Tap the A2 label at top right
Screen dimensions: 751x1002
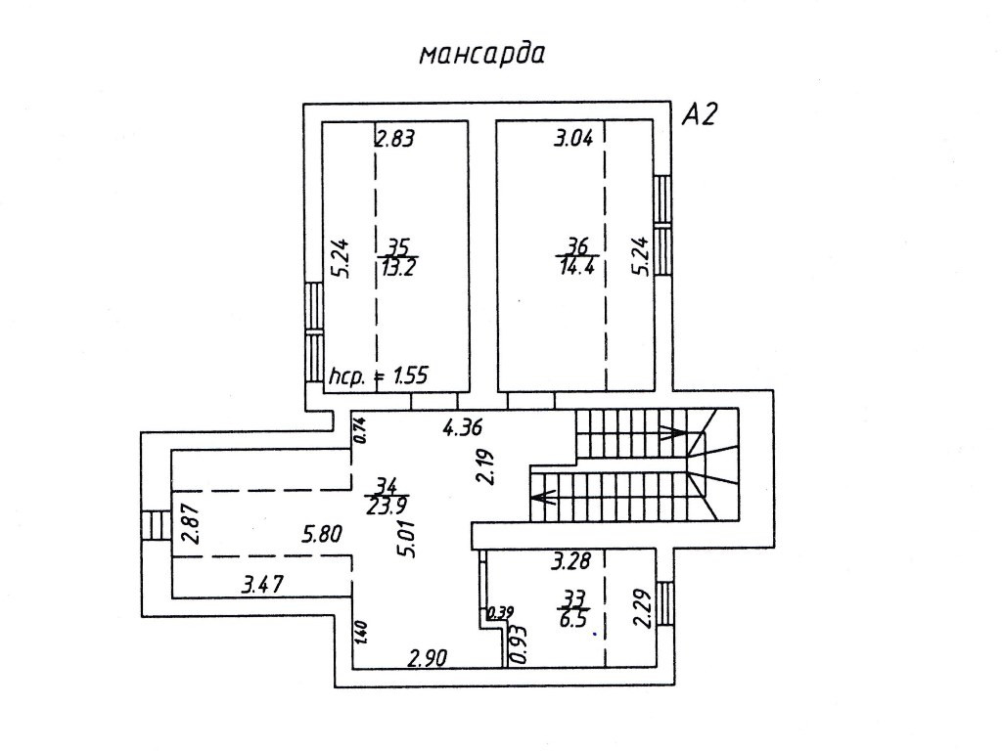click(x=700, y=117)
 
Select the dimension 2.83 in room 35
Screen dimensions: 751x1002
click(x=396, y=138)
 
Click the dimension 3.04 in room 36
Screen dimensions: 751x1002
click(x=573, y=138)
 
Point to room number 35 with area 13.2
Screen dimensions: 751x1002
click(x=398, y=257)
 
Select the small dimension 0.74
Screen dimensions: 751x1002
click(x=359, y=428)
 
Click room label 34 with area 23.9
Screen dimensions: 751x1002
click(x=387, y=495)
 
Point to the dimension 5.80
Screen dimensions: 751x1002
click(x=322, y=535)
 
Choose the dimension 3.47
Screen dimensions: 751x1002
click(x=262, y=586)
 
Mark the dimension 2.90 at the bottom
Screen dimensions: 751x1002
click(x=428, y=657)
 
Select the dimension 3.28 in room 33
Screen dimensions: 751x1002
click(x=571, y=561)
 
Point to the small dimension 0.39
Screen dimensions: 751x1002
click(x=499, y=613)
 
